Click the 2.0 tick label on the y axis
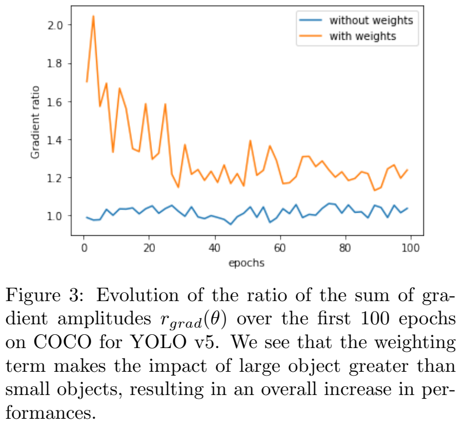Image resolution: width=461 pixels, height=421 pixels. click(56, 25)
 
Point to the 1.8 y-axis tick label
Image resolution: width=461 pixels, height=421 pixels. click(56, 64)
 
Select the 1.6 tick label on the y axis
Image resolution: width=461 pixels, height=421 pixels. click(56, 102)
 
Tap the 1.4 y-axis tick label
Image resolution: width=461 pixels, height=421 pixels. click(56, 140)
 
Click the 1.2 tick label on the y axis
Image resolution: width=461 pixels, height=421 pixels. click(56, 178)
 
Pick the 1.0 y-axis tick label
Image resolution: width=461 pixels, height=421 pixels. click(56, 215)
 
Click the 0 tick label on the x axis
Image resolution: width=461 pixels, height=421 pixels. click(83, 247)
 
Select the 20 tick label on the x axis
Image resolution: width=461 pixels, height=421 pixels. click(149, 247)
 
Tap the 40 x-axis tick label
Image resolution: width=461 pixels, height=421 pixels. click(214, 247)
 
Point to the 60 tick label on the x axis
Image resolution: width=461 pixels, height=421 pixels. click(280, 247)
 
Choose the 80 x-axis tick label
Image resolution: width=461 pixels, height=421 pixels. click(345, 247)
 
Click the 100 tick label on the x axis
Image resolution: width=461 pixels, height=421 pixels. click(411, 247)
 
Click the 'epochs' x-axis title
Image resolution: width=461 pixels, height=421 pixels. click(247, 263)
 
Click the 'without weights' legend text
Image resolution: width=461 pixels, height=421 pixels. click(371, 21)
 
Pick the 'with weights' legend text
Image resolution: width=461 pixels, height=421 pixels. click(363, 36)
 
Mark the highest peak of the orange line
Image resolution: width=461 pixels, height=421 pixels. click(93, 16)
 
